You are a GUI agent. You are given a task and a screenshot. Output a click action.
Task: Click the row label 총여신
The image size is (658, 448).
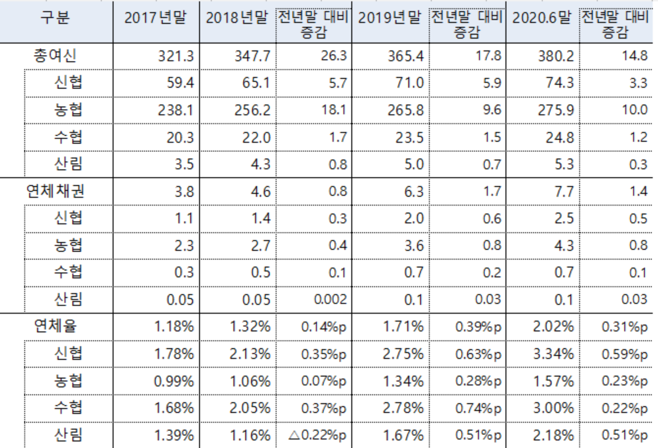click(x=56, y=56)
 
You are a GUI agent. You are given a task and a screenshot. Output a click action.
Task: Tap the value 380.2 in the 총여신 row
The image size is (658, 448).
click(x=556, y=57)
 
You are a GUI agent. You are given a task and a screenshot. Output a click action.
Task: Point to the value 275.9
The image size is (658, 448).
click(x=556, y=111)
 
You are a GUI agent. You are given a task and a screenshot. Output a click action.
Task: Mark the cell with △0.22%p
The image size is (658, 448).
click(x=317, y=435)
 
